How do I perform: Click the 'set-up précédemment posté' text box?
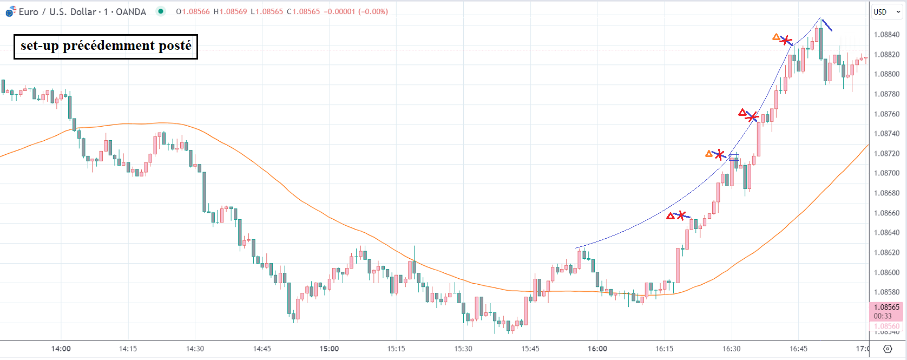pos(106,46)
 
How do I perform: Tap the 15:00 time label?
pos(329,349)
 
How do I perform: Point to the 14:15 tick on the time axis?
pos(128,349)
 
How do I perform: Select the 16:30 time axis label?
pos(732,349)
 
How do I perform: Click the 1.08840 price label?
pos(886,35)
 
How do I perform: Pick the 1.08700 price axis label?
pos(886,173)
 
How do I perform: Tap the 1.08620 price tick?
pos(886,253)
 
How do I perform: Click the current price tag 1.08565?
pos(886,307)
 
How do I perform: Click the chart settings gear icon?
pos(888,349)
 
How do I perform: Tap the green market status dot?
pos(161,11)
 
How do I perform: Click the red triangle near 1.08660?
pos(671,217)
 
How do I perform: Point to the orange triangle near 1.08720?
pos(709,154)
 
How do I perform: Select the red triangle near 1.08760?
pos(742,113)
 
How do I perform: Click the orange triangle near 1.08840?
pos(776,37)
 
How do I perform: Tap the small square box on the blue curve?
pos(734,158)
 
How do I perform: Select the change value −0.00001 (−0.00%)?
pos(356,12)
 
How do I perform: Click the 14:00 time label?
pos(61,349)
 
